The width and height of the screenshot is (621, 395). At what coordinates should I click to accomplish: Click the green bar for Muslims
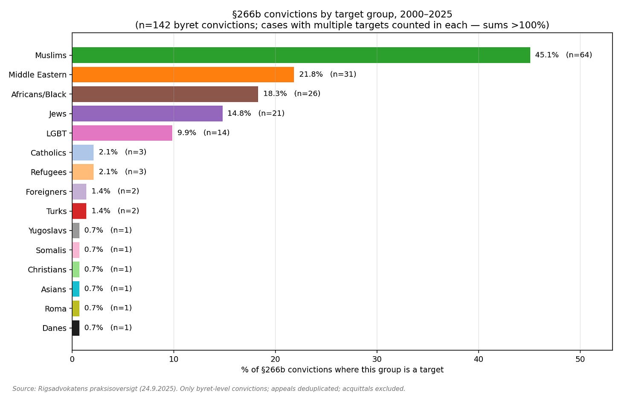click(301, 55)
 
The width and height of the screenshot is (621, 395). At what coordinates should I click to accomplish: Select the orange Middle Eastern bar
click(183, 75)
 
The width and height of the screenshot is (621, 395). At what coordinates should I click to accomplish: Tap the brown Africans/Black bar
click(165, 94)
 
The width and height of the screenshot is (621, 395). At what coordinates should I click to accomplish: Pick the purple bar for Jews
click(147, 113)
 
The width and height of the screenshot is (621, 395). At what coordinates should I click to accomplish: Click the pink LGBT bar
click(122, 133)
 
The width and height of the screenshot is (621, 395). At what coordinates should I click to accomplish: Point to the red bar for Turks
click(79, 211)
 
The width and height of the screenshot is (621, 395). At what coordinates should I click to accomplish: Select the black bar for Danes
click(75, 328)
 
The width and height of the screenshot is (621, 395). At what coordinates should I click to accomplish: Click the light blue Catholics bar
click(83, 153)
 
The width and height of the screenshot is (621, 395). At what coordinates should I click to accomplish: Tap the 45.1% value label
click(546, 55)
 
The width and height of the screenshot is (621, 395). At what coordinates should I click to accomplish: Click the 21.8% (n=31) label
click(328, 75)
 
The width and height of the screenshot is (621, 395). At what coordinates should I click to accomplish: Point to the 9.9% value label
click(187, 133)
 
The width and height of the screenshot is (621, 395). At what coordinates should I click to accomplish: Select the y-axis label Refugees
click(49, 173)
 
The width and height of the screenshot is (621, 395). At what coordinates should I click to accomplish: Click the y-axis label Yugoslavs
click(47, 231)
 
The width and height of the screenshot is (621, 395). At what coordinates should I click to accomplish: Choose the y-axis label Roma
click(55, 309)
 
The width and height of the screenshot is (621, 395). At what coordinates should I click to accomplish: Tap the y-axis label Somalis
click(51, 251)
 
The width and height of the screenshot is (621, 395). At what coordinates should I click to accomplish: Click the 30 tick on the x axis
click(377, 359)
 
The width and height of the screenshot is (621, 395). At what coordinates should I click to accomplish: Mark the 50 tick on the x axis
click(580, 359)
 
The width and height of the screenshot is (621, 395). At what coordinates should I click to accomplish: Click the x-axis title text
click(342, 370)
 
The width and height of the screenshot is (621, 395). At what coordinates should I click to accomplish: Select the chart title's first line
click(342, 14)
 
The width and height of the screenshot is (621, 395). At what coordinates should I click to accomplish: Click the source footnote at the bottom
click(209, 389)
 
